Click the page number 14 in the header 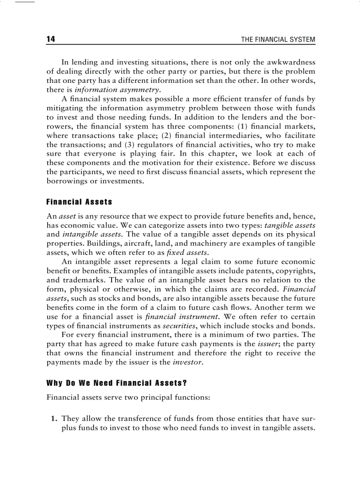click(51, 40)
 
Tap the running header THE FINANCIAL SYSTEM click(278, 40)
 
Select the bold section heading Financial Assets click(79, 202)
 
